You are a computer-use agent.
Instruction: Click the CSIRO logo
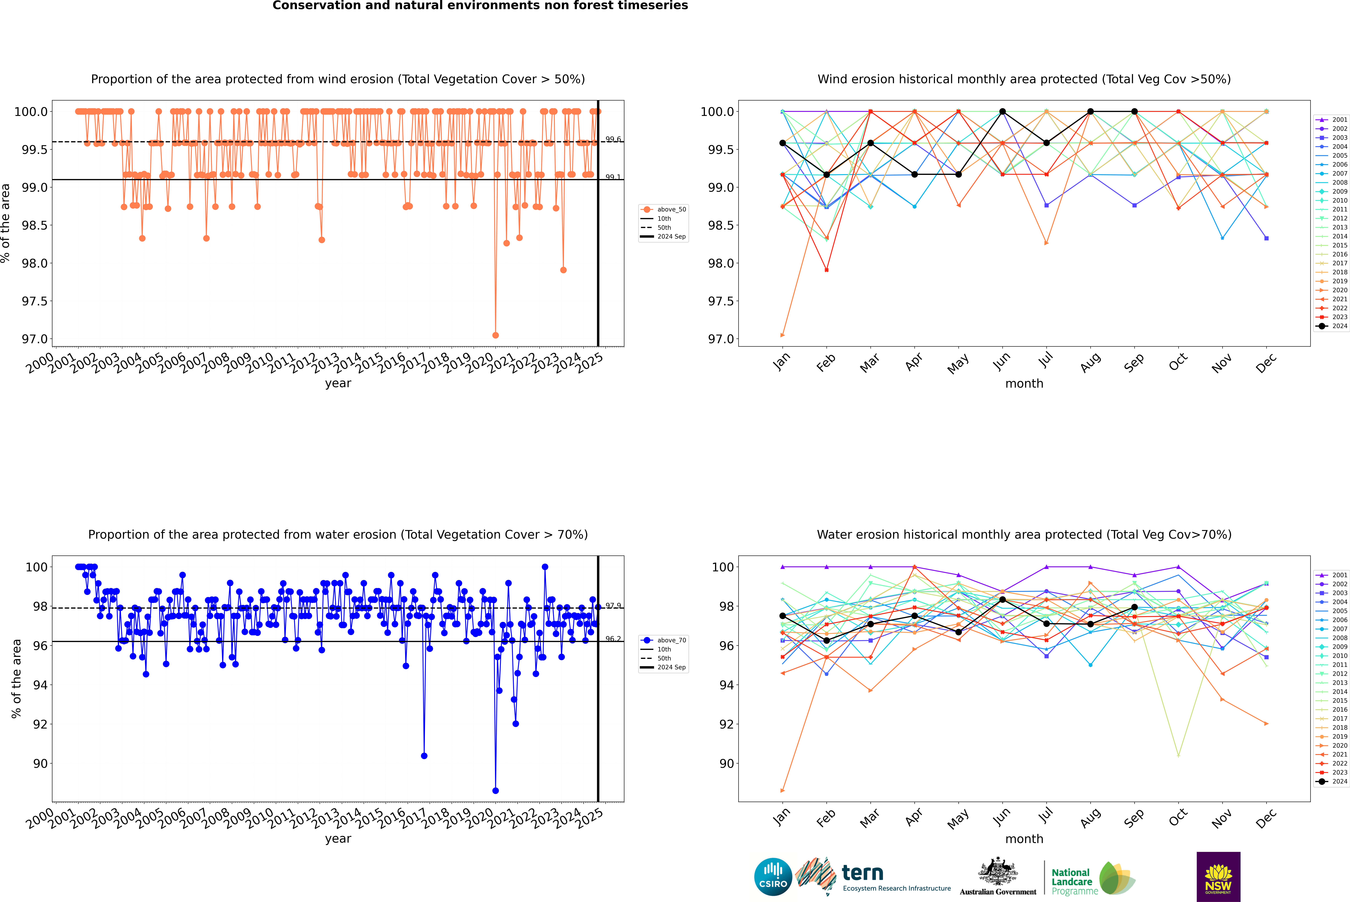[x=773, y=877]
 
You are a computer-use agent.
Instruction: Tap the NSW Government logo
[x=1218, y=877]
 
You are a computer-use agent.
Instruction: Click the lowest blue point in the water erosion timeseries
[x=495, y=790]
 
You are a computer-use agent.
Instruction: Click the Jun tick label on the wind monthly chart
[x=1002, y=361]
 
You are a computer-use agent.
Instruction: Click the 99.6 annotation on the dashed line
[x=613, y=139]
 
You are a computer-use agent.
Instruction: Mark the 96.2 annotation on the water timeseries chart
[x=613, y=639]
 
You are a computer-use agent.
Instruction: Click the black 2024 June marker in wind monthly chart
[x=1002, y=112]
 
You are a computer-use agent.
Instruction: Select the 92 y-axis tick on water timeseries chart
[x=40, y=724]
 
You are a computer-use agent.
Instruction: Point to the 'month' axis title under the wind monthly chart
[x=1024, y=384]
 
